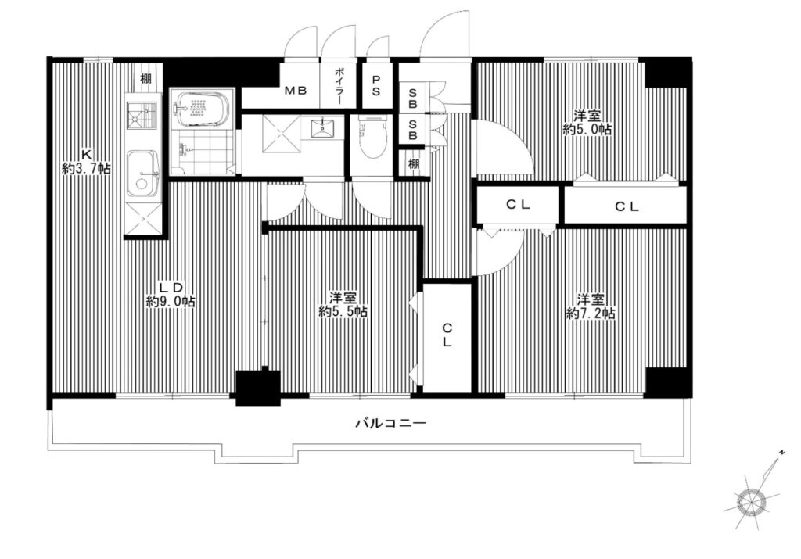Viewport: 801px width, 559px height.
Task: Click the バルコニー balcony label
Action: (390, 423)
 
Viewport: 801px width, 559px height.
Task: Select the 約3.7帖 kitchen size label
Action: (86, 168)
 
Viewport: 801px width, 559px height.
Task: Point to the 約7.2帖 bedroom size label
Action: (590, 313)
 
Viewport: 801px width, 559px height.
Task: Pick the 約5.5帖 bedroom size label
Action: (343, 311)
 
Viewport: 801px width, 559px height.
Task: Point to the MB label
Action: (296, 91)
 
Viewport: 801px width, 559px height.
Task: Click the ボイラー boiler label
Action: (339, 87)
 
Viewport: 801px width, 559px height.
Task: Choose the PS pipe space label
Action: (376, 86)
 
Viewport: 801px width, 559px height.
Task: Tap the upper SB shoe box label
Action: (413, 99)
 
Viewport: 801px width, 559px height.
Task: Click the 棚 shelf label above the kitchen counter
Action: (145, 79)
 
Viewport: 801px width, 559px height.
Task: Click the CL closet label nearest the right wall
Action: (627, 206)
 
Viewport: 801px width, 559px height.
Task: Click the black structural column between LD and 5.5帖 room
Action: (258, 388)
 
